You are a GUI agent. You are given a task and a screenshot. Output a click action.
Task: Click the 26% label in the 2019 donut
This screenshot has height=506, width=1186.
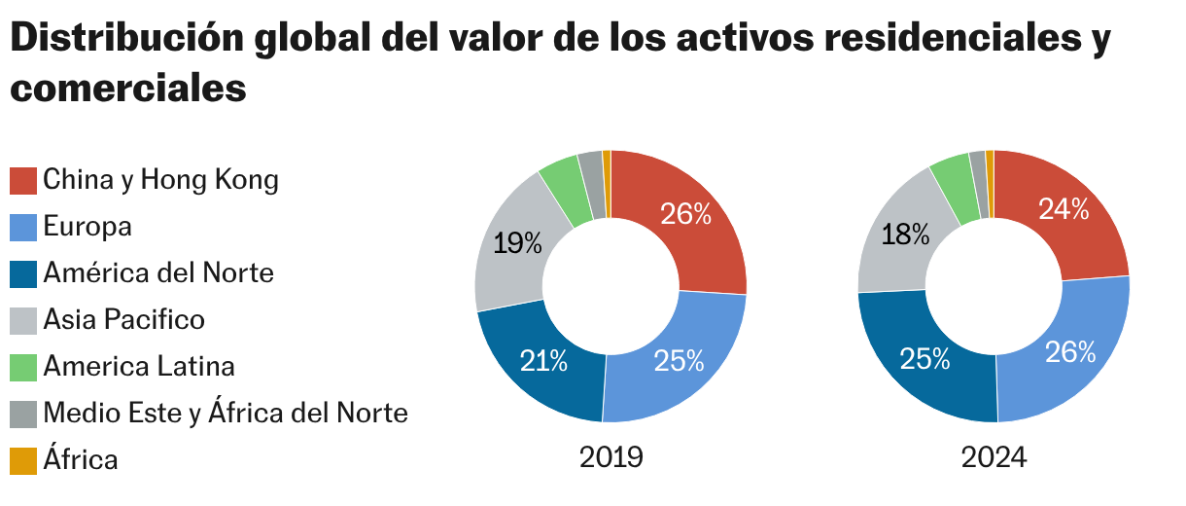(686, 214)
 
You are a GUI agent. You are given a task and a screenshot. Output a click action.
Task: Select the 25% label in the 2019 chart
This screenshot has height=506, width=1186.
(679, 361)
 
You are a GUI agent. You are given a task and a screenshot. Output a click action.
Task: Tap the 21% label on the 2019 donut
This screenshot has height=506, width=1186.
(543, 361)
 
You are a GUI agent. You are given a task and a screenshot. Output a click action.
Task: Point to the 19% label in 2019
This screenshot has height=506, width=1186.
(517, 243)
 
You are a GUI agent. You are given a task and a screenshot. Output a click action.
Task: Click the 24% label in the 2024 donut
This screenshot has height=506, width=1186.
(1064, 209)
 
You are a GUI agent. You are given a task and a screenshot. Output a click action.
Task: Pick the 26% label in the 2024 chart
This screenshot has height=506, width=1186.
(1070, 351)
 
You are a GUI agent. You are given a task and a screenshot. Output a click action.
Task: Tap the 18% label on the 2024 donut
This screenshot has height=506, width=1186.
(905, 234)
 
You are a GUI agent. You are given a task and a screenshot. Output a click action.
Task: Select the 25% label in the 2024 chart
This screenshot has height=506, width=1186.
(924, 359)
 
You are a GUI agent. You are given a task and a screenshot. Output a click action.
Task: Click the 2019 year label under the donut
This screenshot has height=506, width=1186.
(610, 457)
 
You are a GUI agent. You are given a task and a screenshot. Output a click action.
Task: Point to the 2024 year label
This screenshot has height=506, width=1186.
(994, 457)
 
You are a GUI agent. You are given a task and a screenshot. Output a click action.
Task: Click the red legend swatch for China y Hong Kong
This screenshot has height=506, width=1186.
(23, 180)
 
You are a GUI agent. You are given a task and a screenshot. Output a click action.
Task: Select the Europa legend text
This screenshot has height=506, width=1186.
(87, 227)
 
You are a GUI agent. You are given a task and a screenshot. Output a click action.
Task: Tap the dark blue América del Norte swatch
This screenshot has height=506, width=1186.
(23, 273)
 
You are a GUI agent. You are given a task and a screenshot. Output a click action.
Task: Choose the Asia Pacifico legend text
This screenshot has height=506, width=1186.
(123, 319)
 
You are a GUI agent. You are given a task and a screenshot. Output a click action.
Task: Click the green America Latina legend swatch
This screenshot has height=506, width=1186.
(23, 367)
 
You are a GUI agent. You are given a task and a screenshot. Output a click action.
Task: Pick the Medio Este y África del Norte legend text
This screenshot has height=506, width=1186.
(225, 413)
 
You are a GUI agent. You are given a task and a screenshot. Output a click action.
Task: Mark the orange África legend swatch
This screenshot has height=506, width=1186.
(23, 460)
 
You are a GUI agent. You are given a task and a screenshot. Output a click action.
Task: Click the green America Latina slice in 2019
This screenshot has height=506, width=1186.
(565, 190)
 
